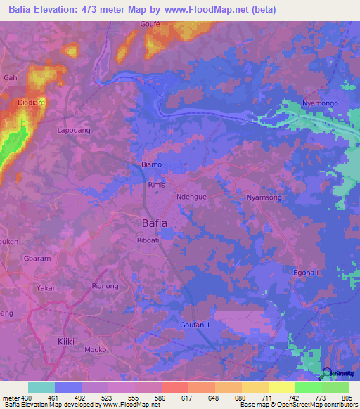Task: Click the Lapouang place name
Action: (74, 130)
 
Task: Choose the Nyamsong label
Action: (264, 197)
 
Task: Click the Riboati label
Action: (150, 240)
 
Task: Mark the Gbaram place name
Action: (38, 259)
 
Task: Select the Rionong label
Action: (106, 286)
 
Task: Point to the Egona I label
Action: (306, 273)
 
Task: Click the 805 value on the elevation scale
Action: (345, 398)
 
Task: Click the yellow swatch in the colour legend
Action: (255, 387)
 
